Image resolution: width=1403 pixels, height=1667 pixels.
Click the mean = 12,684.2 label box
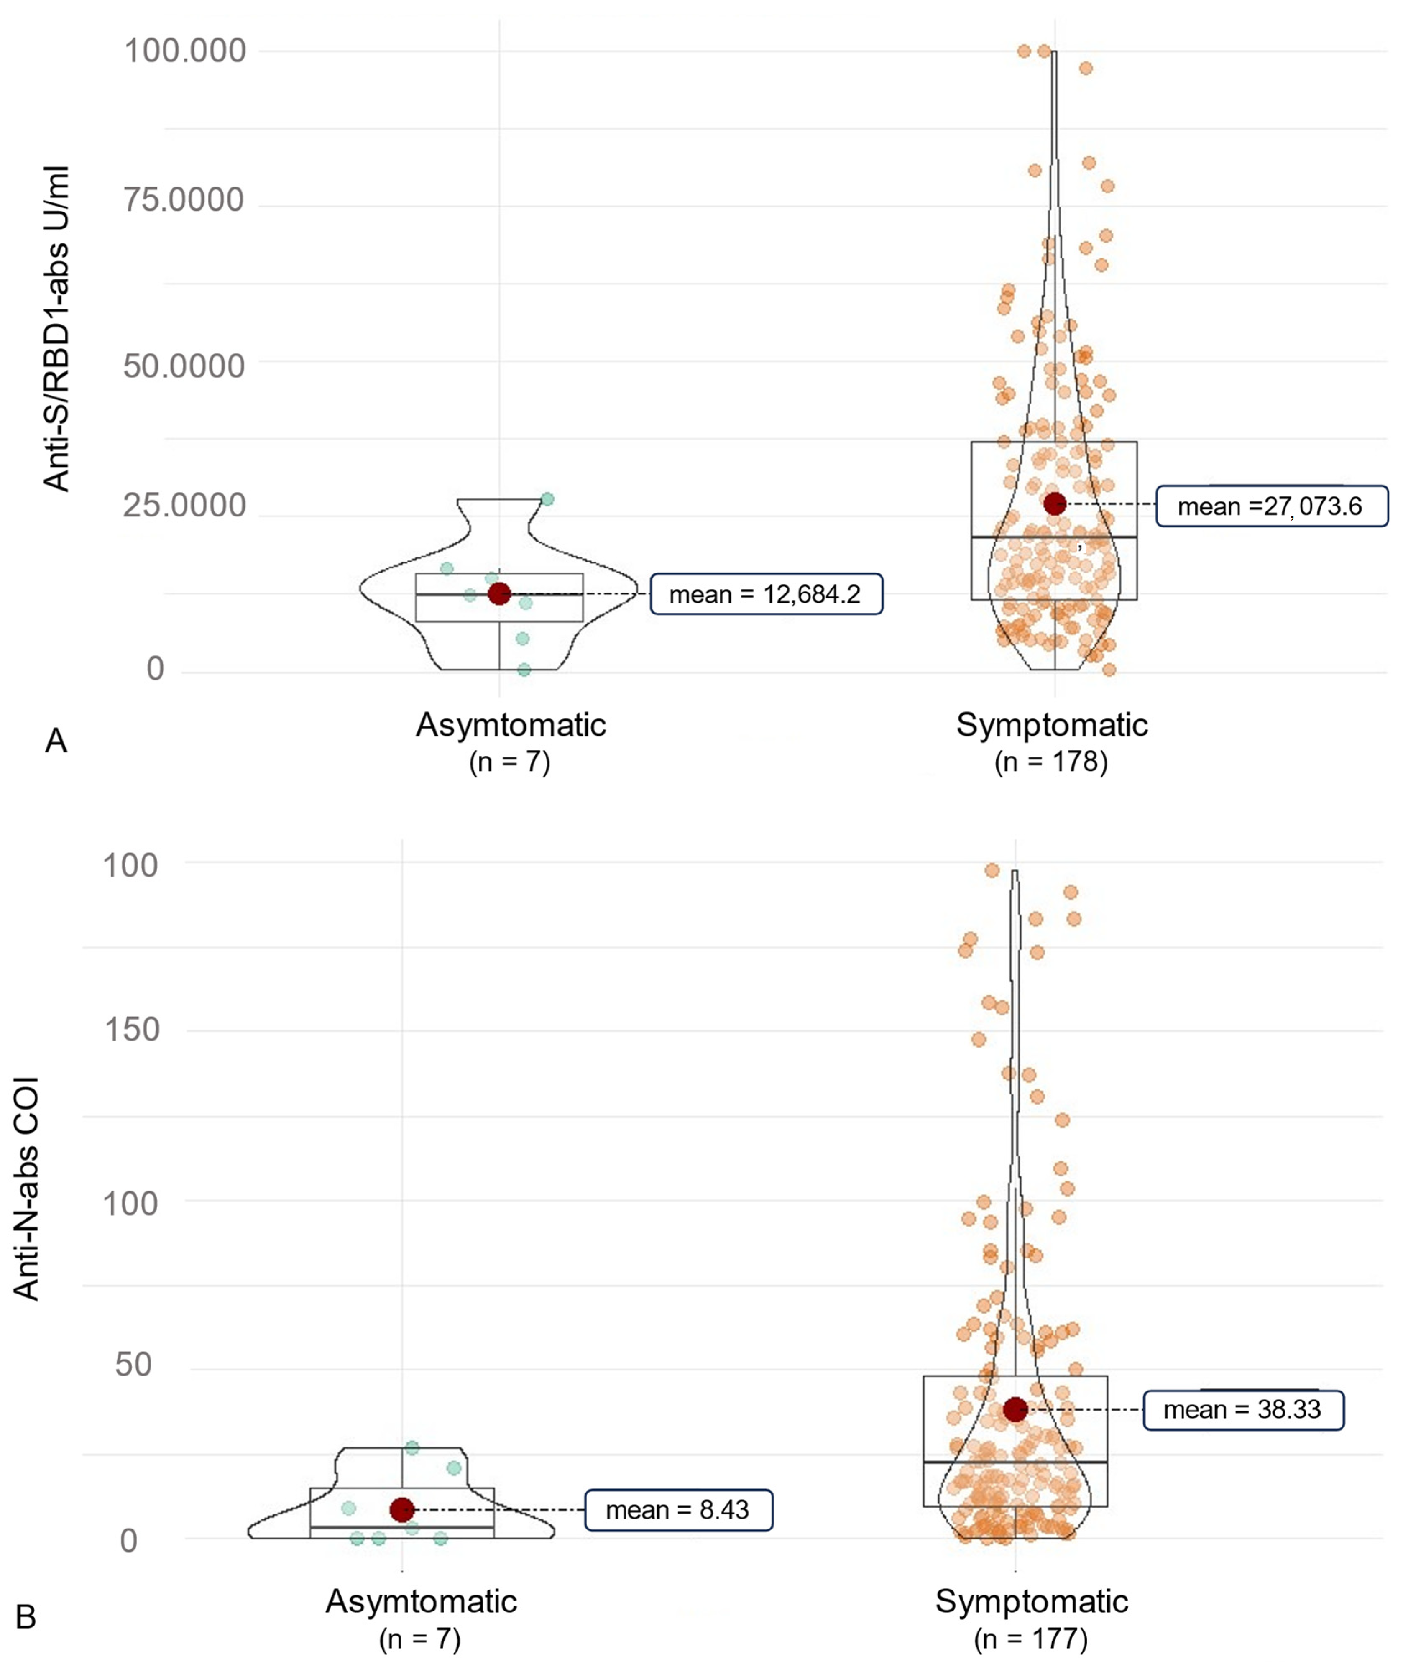[766, 594]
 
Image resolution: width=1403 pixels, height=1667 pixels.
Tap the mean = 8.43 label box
[678, 1509]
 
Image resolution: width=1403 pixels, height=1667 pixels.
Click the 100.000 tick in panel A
[184, 52]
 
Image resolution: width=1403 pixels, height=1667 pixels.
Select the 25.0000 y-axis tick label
[183, 506]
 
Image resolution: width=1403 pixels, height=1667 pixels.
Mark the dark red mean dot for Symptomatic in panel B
[1015, 1409]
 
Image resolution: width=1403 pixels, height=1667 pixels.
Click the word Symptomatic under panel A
[1051, 724]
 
